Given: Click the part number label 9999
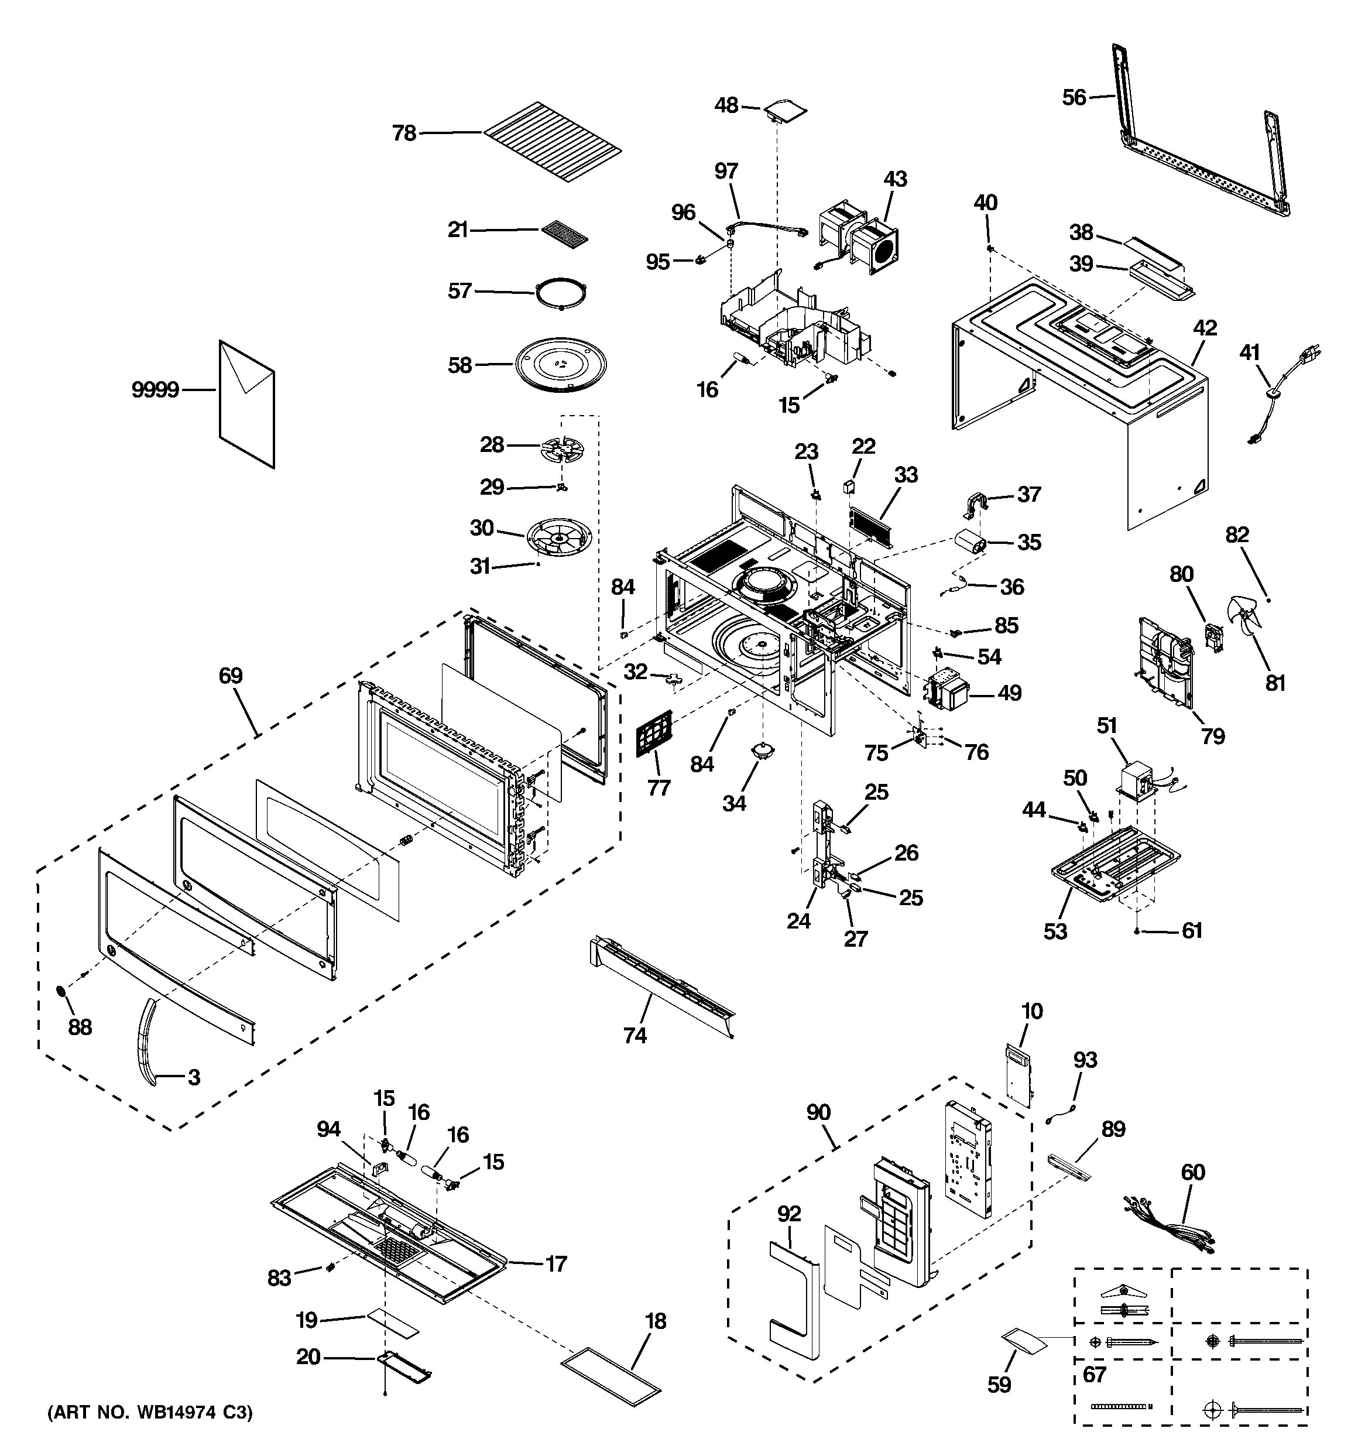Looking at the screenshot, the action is [155, 390].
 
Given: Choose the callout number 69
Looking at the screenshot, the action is [231, 676].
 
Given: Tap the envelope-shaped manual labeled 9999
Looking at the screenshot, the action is [247, 404].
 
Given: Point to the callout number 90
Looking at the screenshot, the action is [818, 1113].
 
